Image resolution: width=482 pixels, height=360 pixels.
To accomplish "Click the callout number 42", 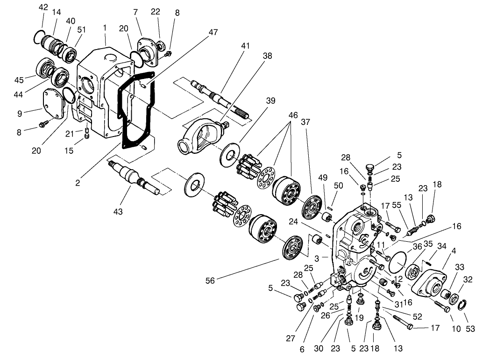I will tap(43, 7).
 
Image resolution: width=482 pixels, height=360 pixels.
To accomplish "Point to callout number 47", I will tap(213, 33).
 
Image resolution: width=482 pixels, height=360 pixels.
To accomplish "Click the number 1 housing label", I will tap(106, 28).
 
